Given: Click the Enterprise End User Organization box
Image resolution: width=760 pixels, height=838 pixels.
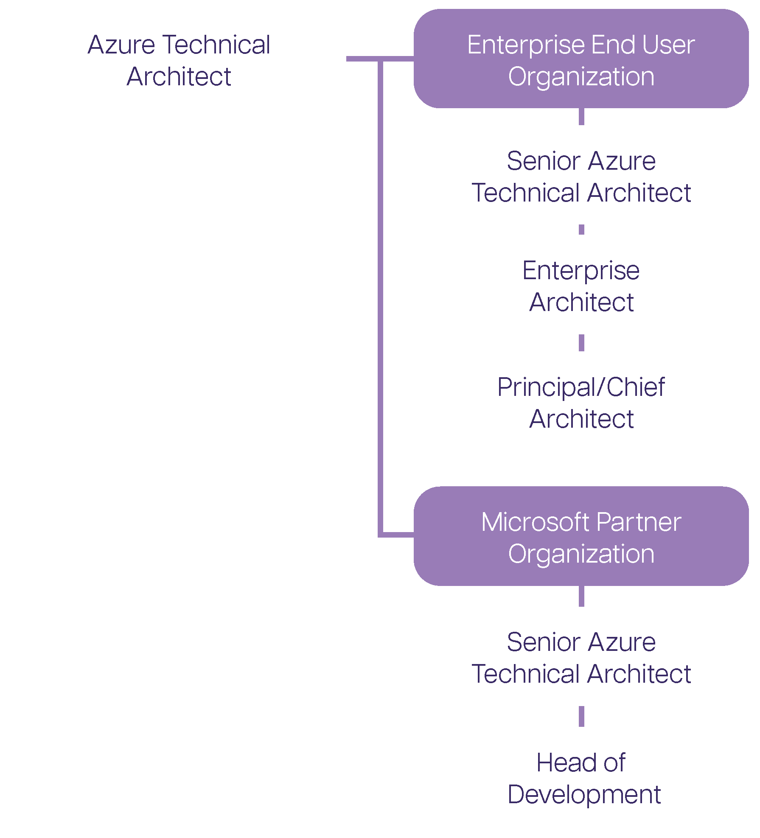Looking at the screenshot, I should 581,59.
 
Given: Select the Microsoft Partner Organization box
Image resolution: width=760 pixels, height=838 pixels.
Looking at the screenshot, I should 581,536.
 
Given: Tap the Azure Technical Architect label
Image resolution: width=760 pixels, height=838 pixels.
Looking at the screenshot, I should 179,60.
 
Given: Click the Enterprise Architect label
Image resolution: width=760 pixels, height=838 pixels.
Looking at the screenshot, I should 581,286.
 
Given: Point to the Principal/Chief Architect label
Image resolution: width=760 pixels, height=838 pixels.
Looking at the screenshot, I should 581,403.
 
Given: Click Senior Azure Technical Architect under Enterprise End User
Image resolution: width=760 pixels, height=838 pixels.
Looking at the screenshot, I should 581,177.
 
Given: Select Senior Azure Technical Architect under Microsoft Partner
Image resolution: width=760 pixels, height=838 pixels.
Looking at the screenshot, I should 581,658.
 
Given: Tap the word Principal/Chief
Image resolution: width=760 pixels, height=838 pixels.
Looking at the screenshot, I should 581,387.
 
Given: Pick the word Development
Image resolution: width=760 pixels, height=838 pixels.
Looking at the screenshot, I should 584,794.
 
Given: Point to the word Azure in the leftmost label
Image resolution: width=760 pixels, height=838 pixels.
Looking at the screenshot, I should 121,45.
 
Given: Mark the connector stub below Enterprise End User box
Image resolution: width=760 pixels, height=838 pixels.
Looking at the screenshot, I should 581,116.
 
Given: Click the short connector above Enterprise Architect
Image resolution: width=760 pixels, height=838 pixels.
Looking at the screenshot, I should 581,230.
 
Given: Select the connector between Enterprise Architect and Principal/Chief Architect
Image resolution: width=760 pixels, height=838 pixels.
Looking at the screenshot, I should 581,342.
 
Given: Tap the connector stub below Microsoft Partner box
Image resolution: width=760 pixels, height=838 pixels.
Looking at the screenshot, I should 581,596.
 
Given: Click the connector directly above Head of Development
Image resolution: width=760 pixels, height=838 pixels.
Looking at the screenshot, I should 581,717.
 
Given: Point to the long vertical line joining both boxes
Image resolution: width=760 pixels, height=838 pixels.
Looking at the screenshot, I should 380,297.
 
